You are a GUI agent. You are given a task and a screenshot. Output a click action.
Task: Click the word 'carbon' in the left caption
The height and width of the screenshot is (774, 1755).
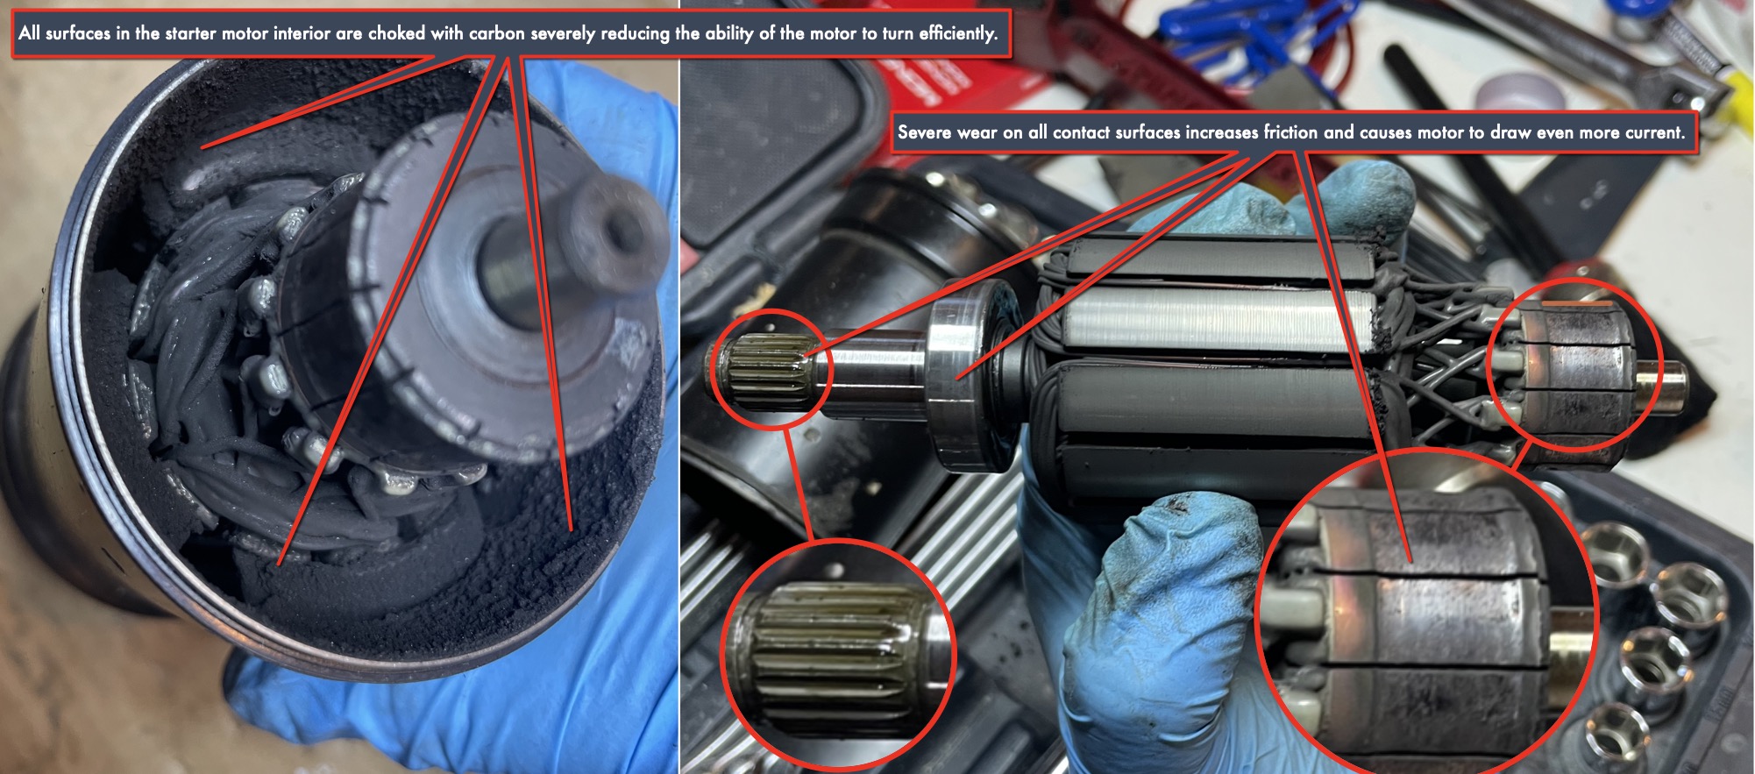[x=497, y=33]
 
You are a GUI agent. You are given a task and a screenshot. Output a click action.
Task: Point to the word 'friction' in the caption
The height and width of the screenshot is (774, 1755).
[x=1290, y=132]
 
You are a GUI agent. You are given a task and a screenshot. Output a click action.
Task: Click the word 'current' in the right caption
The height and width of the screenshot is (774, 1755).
[x=1652, y=132]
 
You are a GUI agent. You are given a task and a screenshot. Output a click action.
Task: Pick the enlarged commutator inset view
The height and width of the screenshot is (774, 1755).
[x=1425, y=614]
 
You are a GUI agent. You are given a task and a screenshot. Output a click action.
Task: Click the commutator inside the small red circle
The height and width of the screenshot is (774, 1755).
[x=1574, y=368]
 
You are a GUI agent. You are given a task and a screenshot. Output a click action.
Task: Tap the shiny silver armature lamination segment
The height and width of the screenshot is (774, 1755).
[x=1219, y=321]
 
